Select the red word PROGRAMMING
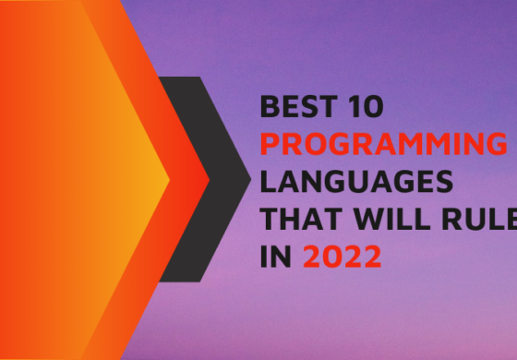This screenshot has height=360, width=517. coord(383,145)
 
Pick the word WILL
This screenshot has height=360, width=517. coord(378,218)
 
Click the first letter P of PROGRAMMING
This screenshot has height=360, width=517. coord(271,145)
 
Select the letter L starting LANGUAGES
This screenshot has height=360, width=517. coord(269,181)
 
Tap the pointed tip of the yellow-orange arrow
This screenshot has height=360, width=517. coord(169,178)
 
